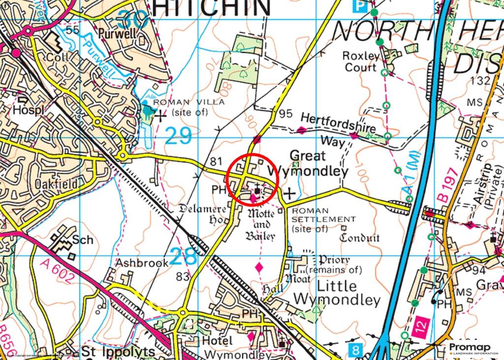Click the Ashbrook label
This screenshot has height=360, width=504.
(142, 262)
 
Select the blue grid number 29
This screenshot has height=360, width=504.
(178, 136)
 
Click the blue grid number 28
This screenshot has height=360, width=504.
(184, 256)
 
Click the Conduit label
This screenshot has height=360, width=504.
(360, 237)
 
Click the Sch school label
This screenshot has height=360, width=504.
(83, 240)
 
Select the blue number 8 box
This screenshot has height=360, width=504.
(356, 350)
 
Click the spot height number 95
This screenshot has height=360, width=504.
(285, 114)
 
